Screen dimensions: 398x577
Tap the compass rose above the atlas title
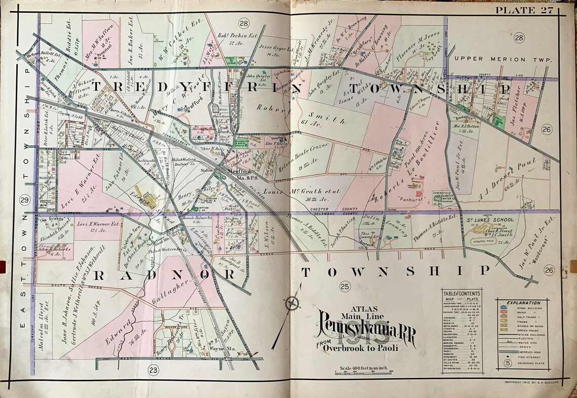tap(293, 304)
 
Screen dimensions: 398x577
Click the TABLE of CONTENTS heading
tap(461, 294)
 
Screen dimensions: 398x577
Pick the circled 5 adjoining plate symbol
tap(507, 363)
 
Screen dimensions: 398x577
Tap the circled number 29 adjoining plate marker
tap(24, 201)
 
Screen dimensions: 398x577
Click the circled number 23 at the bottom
tap(153, 371)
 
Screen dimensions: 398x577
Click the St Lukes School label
tap(490, 220)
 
